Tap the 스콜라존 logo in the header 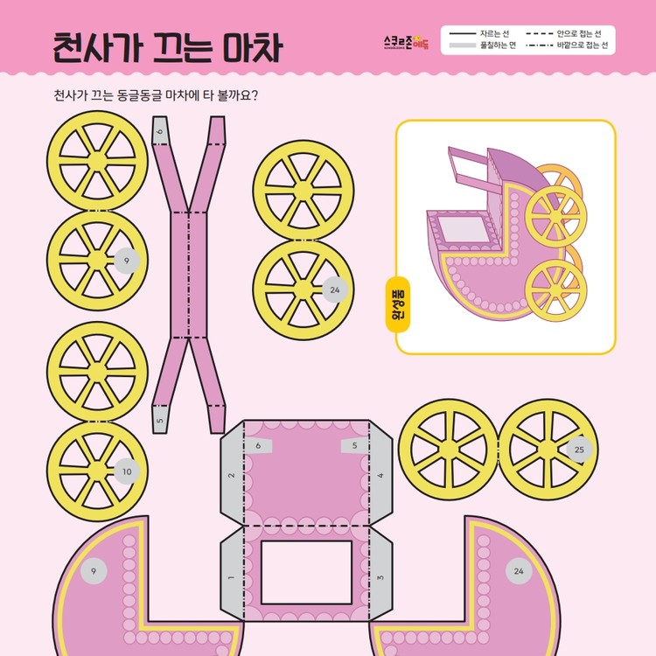(407, 40)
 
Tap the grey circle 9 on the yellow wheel (127, 261)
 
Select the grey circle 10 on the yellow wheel (127, 471)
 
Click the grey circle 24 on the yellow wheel (334, 289)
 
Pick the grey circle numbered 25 (578, 450)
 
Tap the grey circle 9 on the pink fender (94, 572)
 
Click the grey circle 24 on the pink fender (519, 572)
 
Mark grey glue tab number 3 (380, 578)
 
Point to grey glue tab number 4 (380, 476)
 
